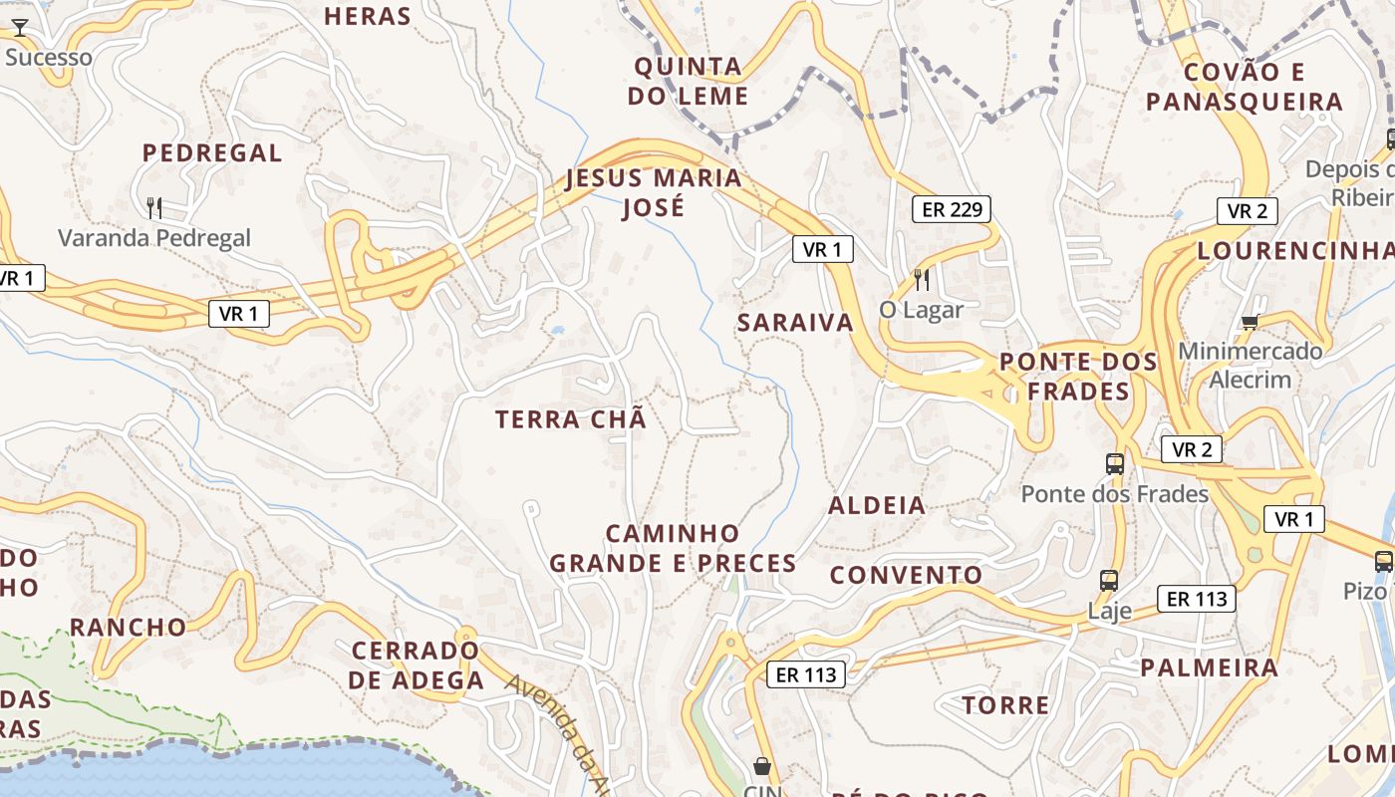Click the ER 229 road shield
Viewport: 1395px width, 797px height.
pos(951,209)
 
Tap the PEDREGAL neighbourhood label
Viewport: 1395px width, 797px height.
pos(212,153)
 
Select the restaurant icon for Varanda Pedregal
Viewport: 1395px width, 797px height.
pos(154,207)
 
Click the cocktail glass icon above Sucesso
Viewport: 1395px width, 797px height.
pos(19,27)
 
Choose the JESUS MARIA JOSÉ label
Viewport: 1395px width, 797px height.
pos(654,193)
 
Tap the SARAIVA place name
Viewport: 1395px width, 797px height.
pos(795,323)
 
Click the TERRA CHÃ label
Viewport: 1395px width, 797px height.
pos(571,419)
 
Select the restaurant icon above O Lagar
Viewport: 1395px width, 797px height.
pos(922,279)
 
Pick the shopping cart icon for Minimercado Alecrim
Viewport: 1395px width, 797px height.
pos(1250,322)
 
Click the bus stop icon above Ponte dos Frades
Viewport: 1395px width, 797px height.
pos(1114,463)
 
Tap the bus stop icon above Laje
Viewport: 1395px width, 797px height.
pos(1108,580)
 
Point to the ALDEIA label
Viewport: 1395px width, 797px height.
pos(877,505)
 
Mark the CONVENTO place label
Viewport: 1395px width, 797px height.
pos(906,575)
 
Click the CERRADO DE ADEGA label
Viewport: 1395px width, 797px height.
pos(417,665)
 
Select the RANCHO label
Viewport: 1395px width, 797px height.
pos(128,628)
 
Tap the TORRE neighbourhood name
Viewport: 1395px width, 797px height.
pos(1005,706)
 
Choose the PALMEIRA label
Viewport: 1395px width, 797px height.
pos(1209,667)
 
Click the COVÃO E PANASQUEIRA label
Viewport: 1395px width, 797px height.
pos(1244,87)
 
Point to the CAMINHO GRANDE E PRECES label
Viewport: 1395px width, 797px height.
pos(673,549)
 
